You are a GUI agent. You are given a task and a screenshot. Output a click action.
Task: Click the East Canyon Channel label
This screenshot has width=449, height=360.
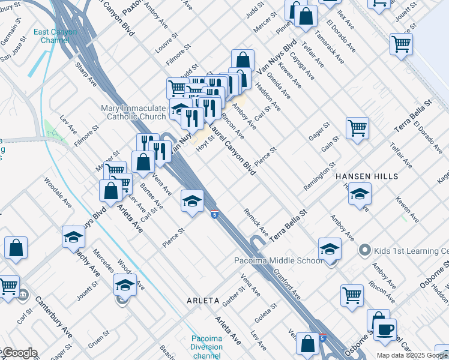[x=55, y=36]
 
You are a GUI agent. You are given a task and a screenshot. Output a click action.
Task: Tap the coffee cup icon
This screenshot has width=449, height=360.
[x=385, y=328]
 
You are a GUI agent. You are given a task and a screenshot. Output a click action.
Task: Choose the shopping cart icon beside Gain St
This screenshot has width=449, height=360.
[x=357, y=127]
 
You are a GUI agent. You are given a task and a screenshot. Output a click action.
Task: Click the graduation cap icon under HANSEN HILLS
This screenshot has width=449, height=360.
[x=360, y=193]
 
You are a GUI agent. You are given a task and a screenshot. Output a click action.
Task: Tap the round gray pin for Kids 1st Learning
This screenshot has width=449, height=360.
[x=363, y=249]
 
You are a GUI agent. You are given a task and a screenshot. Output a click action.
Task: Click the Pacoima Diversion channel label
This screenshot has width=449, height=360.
[x=206, y=347]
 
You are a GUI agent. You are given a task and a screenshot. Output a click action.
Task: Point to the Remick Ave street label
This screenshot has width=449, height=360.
[x=256, y=221]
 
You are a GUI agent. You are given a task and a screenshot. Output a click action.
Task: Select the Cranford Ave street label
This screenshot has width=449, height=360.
[x=288, y=280]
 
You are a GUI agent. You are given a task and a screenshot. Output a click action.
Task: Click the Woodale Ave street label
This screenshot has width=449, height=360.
[x=58, y=193]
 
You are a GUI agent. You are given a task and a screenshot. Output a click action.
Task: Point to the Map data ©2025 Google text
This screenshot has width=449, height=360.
[x=412, y=355]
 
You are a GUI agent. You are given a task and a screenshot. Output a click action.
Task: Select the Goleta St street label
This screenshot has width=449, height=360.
[x=265, y=314]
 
